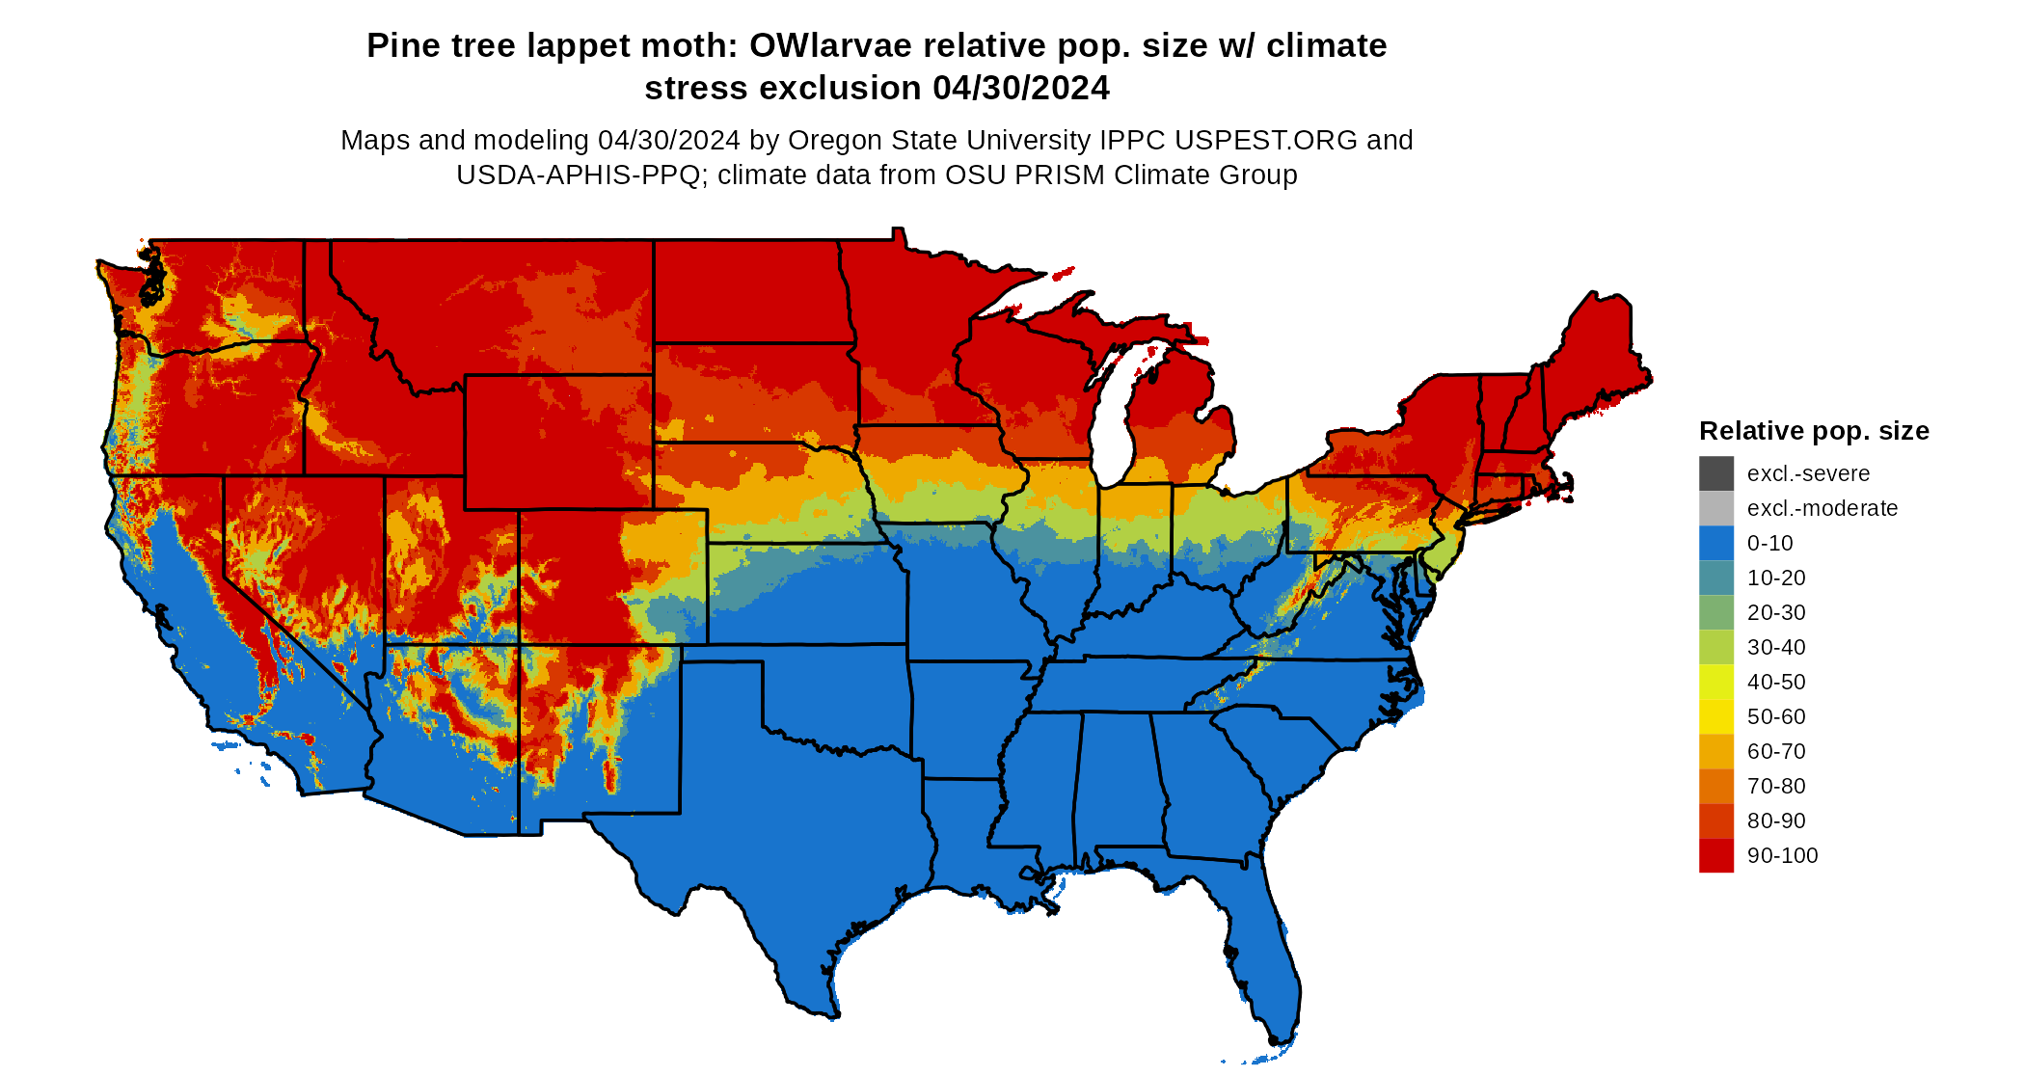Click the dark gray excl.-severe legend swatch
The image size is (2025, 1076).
pos(1715,473)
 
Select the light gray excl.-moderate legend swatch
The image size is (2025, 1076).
pos(1715,508)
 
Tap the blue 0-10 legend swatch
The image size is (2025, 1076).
pos(1715,543)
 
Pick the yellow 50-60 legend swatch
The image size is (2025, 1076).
pos(1715,716)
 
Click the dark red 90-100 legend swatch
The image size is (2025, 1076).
pos(1715,855)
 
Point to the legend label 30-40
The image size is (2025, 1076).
pos(1775,647)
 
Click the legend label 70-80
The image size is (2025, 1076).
pos(1775,786)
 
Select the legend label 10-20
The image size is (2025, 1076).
pos(1775,578)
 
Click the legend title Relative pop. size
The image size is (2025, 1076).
pos(1813,431)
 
